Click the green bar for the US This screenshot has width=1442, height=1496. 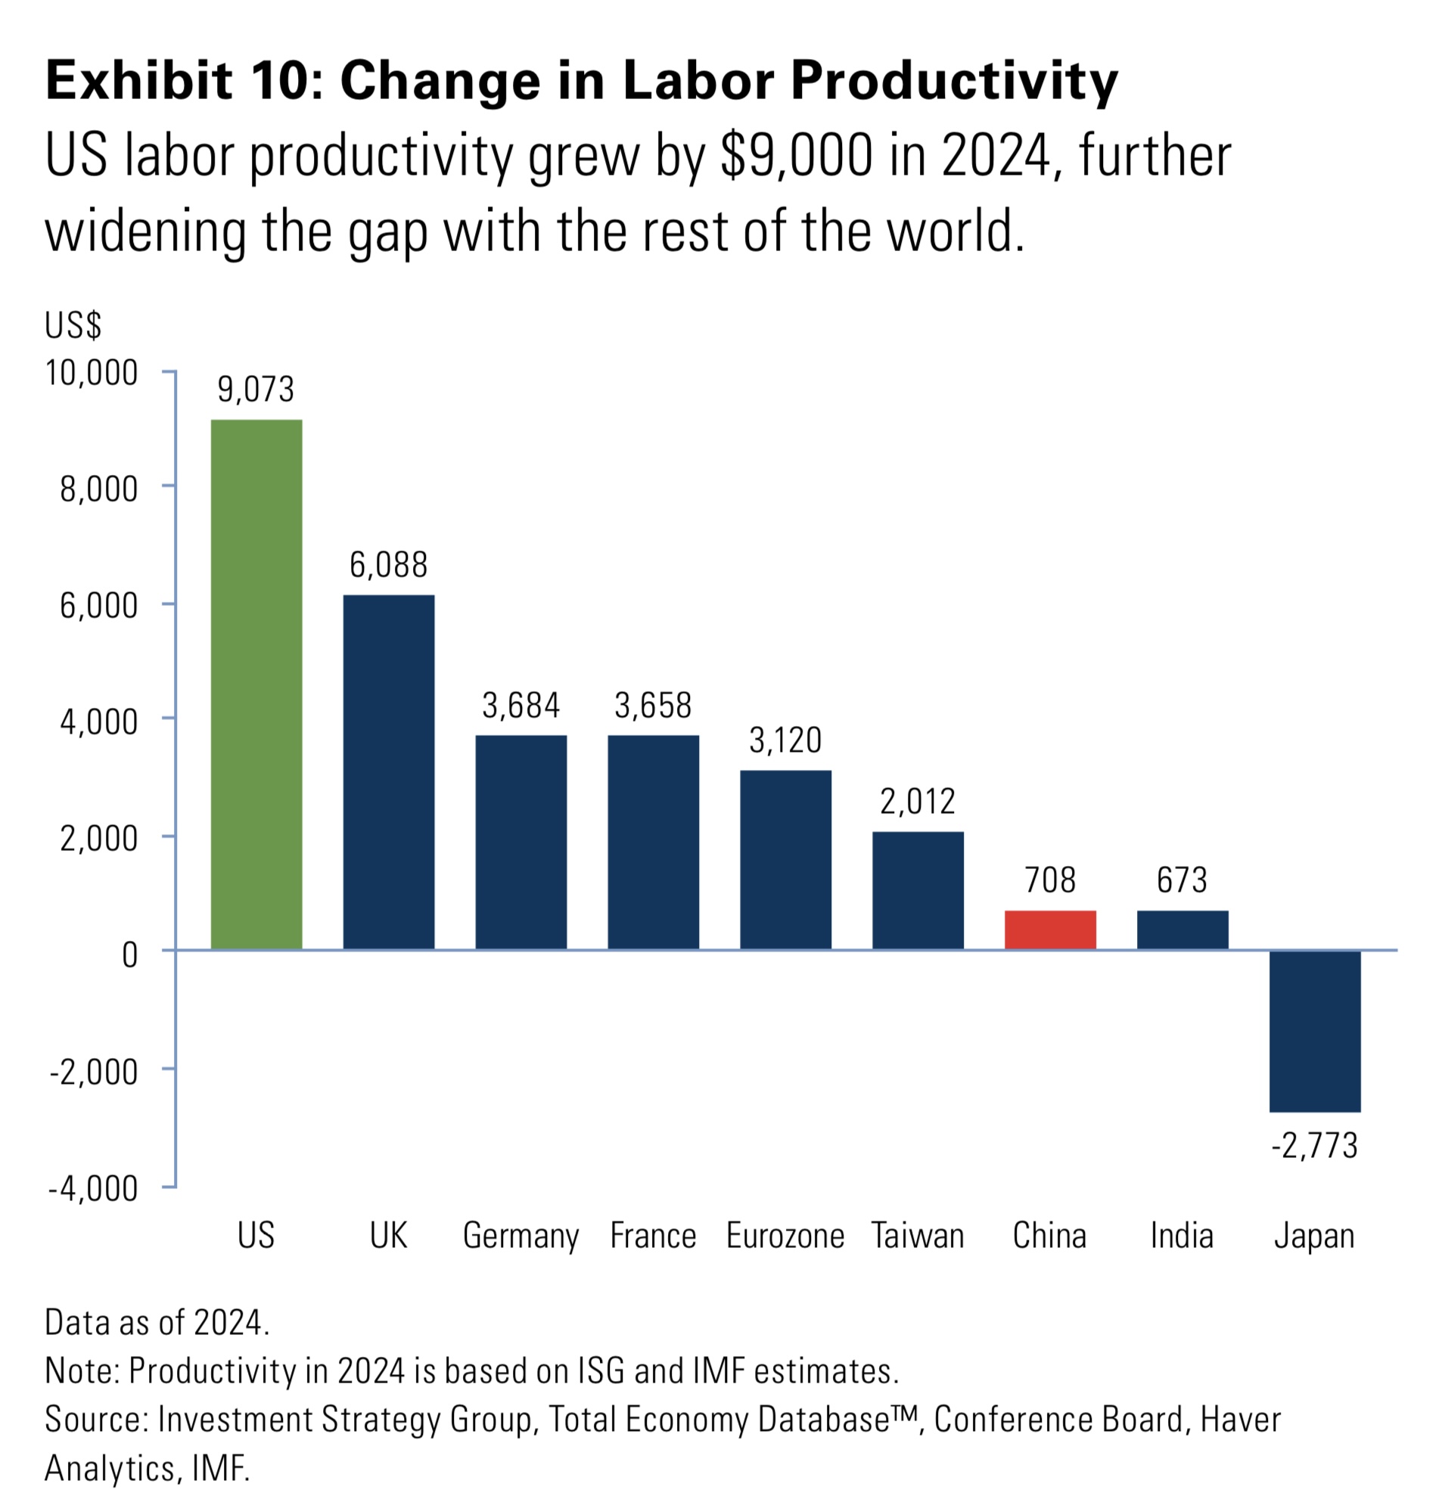click(x=256, y=684)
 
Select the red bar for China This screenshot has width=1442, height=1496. click(x=1049, y=930)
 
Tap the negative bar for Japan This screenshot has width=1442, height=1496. click(x=1314, y=1030)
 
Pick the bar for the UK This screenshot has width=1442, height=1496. click(x=389, y=771)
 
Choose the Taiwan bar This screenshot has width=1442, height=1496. click(x=918, y=890)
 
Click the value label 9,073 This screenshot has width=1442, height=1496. click(x=256, y=390)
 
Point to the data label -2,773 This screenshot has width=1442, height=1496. click(x=1314, y=1146)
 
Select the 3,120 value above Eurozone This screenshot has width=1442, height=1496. click(x=785, y=740)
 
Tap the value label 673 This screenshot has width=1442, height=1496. click(x=1182, y=880)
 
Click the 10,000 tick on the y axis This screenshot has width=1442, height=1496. click(x=92, y=373)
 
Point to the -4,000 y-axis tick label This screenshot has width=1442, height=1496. click(x=93, y=1188)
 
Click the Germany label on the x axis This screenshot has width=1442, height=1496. click(x=521, y=1236)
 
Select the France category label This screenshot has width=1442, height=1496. click(x=653, y=1236)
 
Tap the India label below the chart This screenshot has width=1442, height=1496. click(x=1182, y=1236)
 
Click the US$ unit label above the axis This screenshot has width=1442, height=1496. click(x=73, y=325)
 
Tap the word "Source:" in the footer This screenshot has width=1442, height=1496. click(x=96, y=1419)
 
